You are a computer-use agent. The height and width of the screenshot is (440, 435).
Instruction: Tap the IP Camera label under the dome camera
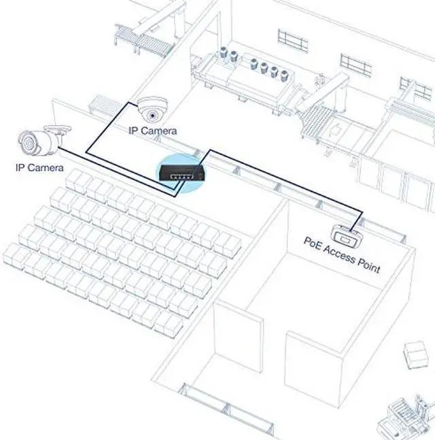(153, 131)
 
